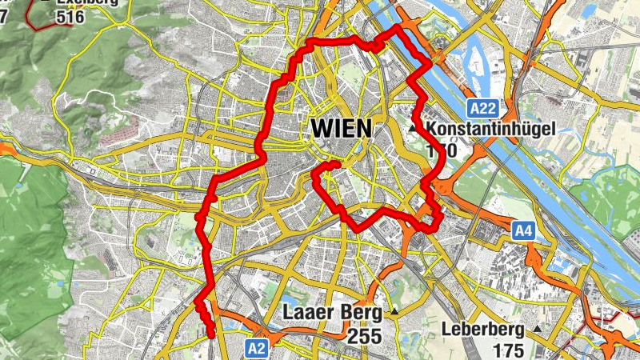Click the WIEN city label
point(341,128)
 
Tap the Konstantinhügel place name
point(491,128)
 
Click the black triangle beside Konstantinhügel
point(414,128)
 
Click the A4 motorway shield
point(522,232)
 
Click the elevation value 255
point(364,335)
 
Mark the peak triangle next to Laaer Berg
point(394,311)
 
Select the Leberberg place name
point(482,330)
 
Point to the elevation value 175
point(507,350)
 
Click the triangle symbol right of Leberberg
point(538,329)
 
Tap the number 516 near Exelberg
point(70,16)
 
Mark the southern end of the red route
point(211,337)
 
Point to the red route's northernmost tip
point(397,27)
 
